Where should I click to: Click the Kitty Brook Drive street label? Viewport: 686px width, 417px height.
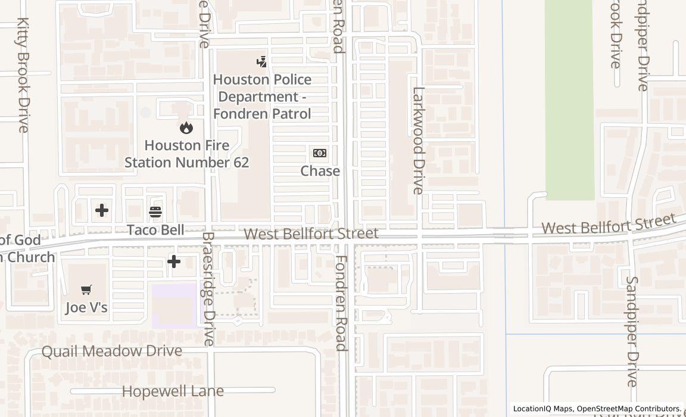click(x=23, y=74)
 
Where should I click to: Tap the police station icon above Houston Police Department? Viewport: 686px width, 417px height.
click(x=261, y=61)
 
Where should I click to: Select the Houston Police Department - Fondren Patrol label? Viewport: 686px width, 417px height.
click(x=262, y=97)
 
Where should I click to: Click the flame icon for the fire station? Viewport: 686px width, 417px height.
click(x=186, y=127)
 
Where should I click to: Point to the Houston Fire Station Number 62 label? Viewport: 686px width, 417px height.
click(x=186, y=154)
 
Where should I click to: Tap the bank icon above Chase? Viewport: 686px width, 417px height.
click(x=320, y=153)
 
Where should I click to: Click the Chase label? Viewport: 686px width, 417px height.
click(x=320, y=171)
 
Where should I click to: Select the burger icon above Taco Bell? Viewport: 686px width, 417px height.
click(x=155, y=211)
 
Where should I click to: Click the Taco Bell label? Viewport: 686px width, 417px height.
click(x=155, y=230)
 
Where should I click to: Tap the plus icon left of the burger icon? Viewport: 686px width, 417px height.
click(x=102, y=210)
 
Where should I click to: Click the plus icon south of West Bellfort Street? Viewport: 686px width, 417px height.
click(x=174, y=261)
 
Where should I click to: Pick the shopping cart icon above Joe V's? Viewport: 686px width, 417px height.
click(x=86, y=290)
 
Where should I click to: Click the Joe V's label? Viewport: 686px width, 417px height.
click(x=86, y=307)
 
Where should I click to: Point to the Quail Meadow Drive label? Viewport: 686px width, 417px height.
click(x=111, y=351)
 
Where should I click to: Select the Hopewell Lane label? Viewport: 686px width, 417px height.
click(x=173, y=391)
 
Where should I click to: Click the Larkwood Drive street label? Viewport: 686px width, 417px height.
click(x=419, y=141)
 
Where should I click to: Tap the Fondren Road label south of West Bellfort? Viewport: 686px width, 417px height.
click(x=341, y=303)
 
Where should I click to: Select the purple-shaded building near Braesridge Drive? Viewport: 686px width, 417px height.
click(x=174, y=306)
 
